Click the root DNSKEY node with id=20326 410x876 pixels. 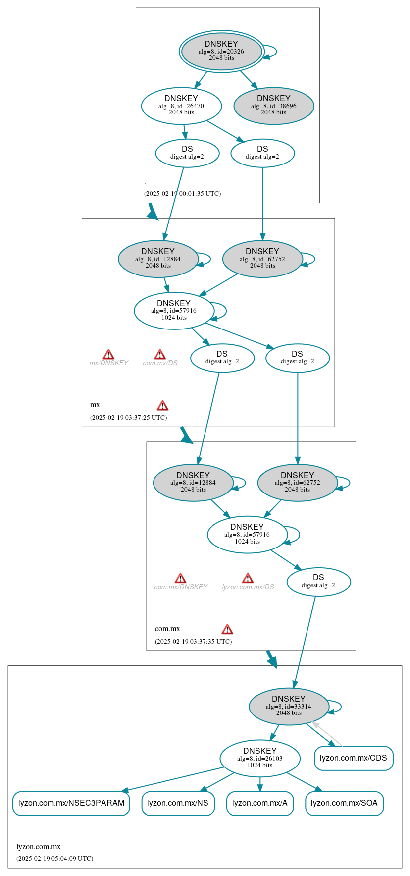(x=221, y=51)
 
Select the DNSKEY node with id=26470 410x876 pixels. (x=181, y=106)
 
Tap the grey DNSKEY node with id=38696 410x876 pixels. (x=273, y=106)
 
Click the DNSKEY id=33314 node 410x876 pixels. (x=289, y=706)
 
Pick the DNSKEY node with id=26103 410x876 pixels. (x=260, y=758)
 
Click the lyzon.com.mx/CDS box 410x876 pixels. (x=354, y=758)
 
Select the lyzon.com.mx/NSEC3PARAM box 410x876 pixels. (x=71, y=803)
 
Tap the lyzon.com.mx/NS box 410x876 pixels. (x=178, y=803)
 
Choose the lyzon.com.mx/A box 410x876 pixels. (x=260, y=803)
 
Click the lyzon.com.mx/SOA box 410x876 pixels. (x=344, y=803)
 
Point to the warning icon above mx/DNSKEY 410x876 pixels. (x=108, y=354)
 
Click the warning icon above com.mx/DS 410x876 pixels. (x=160, y=354)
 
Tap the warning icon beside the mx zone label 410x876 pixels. (x=162, y=406)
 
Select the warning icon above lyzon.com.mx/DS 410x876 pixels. (x=248, y=578)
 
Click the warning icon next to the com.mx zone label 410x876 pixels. (x=227, y=629)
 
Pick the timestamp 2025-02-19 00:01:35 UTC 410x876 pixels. (x=182, y=194)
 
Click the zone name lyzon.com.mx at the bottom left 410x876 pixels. (x=39, y=847)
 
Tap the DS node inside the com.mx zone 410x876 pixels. (x=318, y=582)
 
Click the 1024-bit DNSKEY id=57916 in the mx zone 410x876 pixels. (x=174, y=310)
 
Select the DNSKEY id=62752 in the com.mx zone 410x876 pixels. (x=297, y=482)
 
